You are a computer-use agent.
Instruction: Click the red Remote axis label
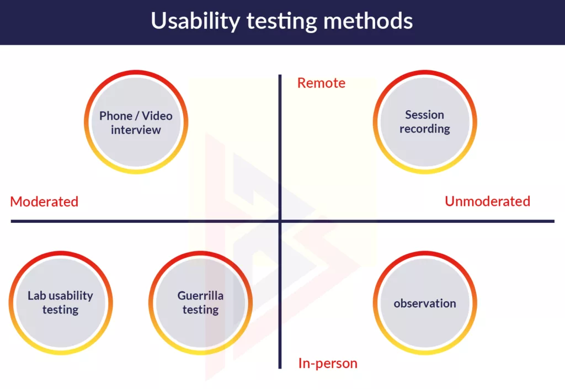(x=321, y=83)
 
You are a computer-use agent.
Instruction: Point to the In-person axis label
(x=328, y=364)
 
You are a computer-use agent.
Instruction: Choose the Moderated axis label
(x=44, y=202)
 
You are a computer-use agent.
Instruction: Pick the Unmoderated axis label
(x=487, y=201)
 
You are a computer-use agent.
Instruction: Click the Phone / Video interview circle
(x=136, y=122)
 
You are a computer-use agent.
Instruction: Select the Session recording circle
(x=425, y=122)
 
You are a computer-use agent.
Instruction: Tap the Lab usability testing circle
(x=60, y=303)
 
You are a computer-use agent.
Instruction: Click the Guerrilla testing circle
(x=201, y=303)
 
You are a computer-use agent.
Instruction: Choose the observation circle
(x=425, y=303)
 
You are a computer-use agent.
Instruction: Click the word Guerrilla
(x=201, y=296)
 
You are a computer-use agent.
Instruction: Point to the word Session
(x=425, y=115)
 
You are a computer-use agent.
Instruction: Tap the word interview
(x=136, y=130)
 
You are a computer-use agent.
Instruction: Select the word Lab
(x=35, y=296)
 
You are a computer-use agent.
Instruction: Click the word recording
(x=425, y=129)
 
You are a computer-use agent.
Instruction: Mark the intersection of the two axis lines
(x=280, y=221)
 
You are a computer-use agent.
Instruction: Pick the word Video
(x=157, y=116)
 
